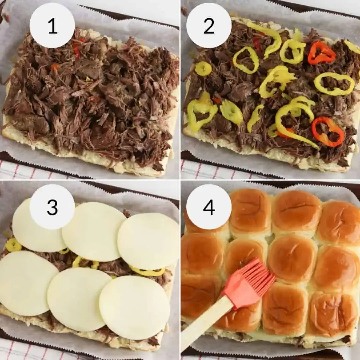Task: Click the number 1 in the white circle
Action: (52, 26)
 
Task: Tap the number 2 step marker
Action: (209, 26)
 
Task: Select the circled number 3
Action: (52, 207)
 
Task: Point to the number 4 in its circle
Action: (209, 207)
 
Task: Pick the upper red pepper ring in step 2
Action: (321, 53)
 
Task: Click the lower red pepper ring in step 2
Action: (328, 132)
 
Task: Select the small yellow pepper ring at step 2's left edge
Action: (203, 69)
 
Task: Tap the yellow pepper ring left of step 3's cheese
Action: (14, 245)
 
